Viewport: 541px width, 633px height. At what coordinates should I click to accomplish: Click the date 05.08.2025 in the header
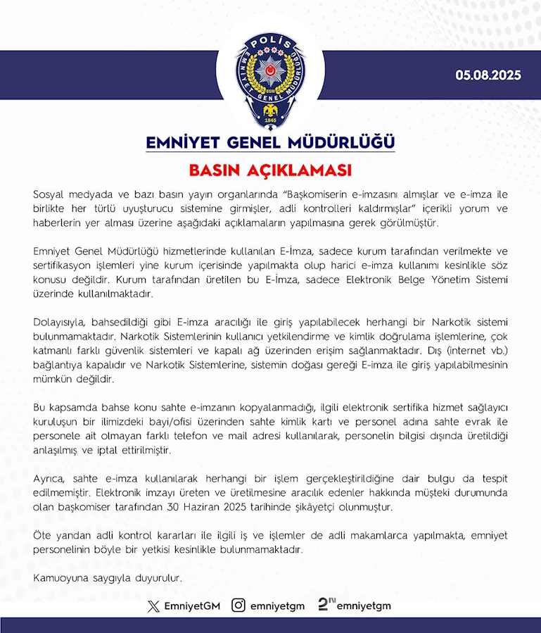[x=488, y=75]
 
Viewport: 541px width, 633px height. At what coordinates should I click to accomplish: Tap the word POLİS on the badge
[x=271, y=44]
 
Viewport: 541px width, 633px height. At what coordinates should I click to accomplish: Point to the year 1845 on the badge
[x=271, y=120]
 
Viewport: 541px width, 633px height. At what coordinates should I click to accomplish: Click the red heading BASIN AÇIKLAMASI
[x=270, y=171]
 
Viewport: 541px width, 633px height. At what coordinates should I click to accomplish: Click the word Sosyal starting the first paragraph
[x=49, y=194]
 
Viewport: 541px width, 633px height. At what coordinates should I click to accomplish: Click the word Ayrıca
[x=50, y=479]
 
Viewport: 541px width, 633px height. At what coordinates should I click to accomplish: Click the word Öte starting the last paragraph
[x=42, y=537]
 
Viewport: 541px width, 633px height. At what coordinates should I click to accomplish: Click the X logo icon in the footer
[x=153, y=606]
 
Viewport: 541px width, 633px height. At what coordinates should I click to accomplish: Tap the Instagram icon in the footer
[x=239, y=606]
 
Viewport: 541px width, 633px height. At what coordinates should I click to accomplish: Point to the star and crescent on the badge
[x=271, y=75]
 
